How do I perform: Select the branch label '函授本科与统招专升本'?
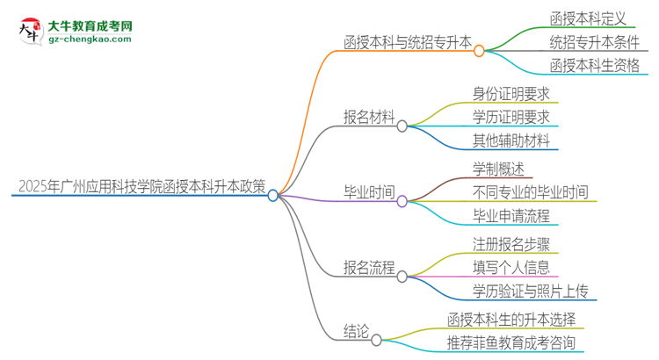click(x=407, y=41)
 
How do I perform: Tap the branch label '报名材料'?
click(x=369, y=117)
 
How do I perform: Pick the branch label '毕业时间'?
click(x=369, y=192)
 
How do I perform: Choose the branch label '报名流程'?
click(x=369, y=268)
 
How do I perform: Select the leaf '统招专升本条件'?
click(x=595, y=41)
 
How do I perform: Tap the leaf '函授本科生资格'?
click(x=595, y=66)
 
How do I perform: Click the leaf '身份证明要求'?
click(x=511, y=93)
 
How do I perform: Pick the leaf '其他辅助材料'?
click(x=511, y=140)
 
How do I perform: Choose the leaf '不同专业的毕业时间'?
click(x=530, y=192)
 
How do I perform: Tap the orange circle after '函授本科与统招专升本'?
click(x=479, y=51)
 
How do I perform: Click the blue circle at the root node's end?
click(x=273, y=196)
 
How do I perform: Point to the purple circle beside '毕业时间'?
click(x=402, y=202)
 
